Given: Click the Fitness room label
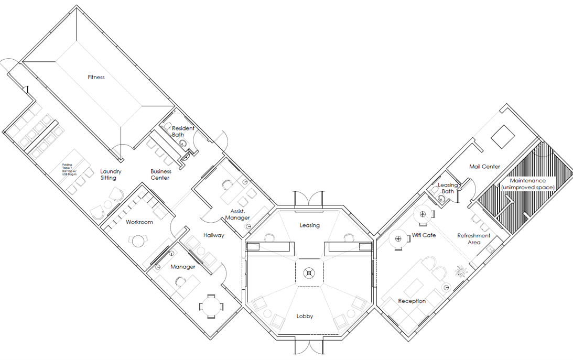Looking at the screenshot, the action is (96, 78).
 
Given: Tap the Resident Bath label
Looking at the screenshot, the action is (183, 132).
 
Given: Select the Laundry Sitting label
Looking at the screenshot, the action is (111, 174).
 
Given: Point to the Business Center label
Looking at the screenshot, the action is (160, 174).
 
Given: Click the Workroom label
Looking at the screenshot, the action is (139, 222).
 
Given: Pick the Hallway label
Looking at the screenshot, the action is (214, 235).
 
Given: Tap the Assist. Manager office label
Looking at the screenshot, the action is (236, 214).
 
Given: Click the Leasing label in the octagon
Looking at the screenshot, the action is (309, 225).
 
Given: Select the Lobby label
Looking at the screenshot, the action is (305, 317).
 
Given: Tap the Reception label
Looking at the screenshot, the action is (412, 301).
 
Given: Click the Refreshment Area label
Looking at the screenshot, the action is (474, 239).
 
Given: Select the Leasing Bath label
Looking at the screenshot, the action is (448, 188).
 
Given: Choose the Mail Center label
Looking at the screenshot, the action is (484, 167).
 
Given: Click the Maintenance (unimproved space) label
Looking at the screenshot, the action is (527, 184).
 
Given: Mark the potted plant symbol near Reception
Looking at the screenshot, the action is (461, 271).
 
